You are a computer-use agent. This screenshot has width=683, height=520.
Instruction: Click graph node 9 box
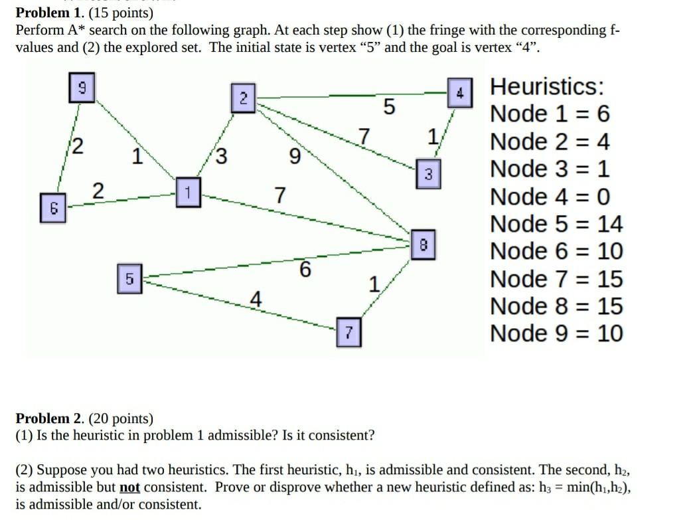(x=82, y=89)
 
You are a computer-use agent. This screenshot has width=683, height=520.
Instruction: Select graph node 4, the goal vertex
(x=459, y=93)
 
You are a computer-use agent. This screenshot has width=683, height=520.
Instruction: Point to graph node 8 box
(x=424, y=244)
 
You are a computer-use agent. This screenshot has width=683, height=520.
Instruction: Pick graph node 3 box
(x=428, y=173)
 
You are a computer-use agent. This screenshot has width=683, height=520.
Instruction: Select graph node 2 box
(x=243, y=98)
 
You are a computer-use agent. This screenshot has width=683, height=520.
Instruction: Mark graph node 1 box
(x=188, y=193)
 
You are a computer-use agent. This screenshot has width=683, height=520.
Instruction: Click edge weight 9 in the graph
(x=295, y=157)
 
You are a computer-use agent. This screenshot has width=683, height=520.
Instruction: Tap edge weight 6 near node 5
(x=305, y=270)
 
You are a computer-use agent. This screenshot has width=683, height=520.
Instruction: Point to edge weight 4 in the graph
(x=255, y=299)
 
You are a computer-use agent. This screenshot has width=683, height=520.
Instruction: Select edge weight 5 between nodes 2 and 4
(x=389, y=107)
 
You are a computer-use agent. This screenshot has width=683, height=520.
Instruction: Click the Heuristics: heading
(x=547, y=87)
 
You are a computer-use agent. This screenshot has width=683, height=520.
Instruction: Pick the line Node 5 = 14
(x=556, y=224)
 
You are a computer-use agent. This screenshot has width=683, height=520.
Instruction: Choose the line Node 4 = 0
(x=550, y=197)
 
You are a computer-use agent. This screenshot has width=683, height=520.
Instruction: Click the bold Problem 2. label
(x=42, y=418)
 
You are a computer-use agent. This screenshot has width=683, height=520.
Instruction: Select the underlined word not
(x=129, y=487)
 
